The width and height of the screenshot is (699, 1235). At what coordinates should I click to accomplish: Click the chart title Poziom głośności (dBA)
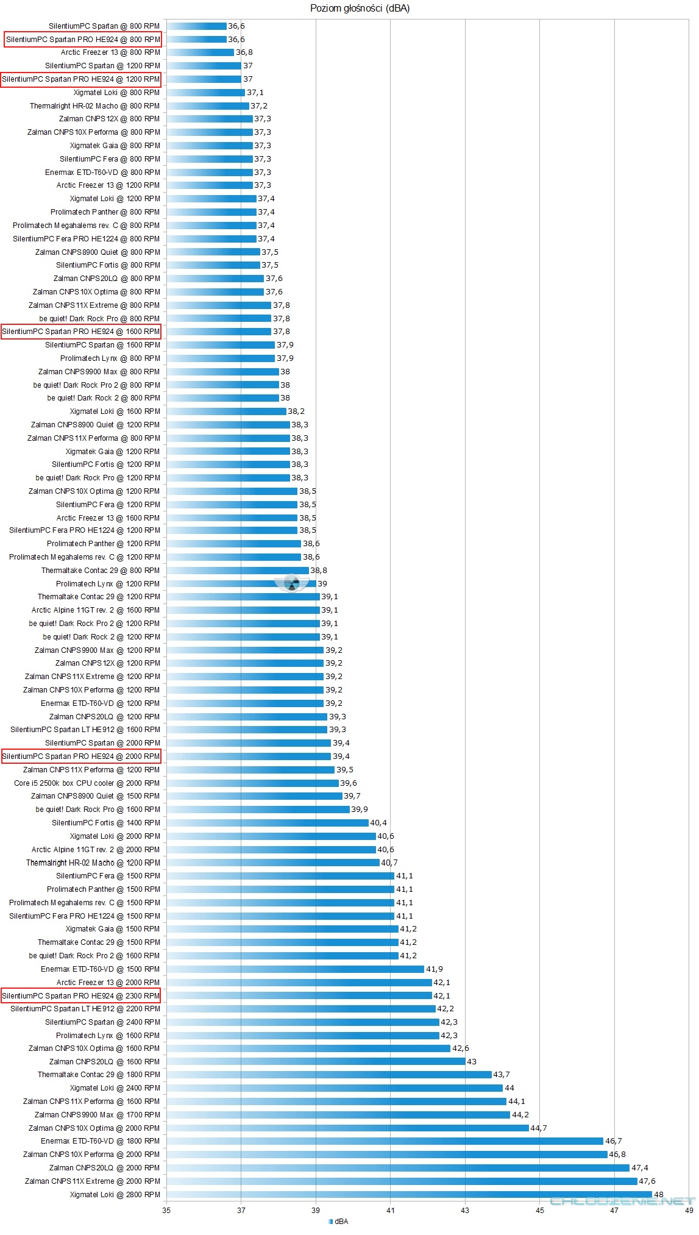coord(360,9)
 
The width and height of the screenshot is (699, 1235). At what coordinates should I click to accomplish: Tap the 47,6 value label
coord(647,1181)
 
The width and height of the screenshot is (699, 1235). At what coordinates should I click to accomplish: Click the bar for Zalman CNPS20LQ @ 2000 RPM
coord(397,1167)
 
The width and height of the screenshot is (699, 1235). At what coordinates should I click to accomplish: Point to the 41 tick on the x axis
coord(391,1210)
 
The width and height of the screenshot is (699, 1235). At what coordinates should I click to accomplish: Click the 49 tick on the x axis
coord(689,1210)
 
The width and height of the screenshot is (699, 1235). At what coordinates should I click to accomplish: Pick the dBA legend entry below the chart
coord(339,1221)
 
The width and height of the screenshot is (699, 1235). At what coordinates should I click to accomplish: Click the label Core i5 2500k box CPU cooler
coord(87,783)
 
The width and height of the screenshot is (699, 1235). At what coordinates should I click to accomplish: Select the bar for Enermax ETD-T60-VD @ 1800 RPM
coord(385,1141)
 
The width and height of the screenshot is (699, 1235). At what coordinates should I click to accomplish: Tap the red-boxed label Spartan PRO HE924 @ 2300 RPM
coord(81,995)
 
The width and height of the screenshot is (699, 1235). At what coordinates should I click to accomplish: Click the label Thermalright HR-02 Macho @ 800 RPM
coord(94,105)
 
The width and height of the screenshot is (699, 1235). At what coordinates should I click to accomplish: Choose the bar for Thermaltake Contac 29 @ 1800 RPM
coord(329,1074)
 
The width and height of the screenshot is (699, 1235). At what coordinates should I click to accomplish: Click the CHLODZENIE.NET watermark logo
coord(622,1201)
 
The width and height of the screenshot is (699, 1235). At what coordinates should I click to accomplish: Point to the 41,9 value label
coord(435,969)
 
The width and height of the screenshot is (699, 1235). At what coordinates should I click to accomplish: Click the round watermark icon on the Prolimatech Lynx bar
coord(292,583)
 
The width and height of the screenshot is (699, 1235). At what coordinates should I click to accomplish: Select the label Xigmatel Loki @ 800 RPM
coord(116,92)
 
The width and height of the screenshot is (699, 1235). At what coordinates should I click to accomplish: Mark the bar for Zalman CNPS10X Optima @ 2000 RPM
coord(347,1128)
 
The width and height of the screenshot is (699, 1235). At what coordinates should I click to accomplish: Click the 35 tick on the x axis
coord(166,1210)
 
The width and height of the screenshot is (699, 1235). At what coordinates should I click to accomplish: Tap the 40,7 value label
coord(389,863)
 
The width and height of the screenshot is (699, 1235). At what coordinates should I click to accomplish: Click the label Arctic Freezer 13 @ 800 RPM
coord(110,52)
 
